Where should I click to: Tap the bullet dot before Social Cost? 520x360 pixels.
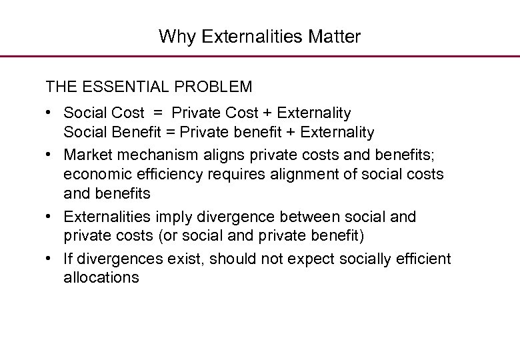(x=50, y=113)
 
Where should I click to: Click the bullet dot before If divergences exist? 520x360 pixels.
(x=50, y=259)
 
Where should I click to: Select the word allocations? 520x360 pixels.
(x=101, y=277)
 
